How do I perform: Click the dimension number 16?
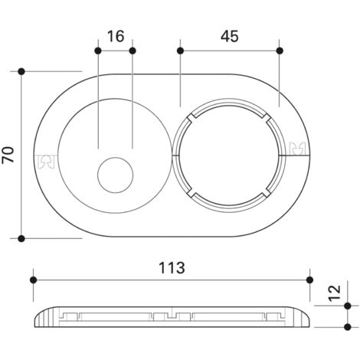[116, 36]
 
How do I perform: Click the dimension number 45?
[230, 36]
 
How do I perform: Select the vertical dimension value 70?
[8, 155]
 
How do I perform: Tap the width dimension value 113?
[172, 268]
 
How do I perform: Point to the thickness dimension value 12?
[335, 293]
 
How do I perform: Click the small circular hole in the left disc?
[116, 175]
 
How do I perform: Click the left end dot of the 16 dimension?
[98, 51]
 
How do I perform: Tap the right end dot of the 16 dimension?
[133, 51]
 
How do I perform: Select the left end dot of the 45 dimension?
[180, 51]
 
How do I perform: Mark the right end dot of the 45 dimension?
[280, 51]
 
